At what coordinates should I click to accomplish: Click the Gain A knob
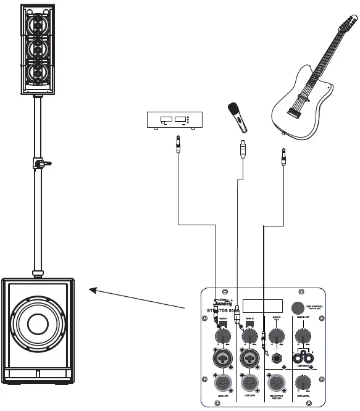(222, 336)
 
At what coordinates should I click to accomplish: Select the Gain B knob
(249, 336)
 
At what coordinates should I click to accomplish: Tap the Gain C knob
(277, 336)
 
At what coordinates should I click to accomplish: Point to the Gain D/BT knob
(303, 336)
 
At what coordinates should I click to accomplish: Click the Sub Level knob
(304, 382)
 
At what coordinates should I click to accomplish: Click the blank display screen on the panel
(262, 307)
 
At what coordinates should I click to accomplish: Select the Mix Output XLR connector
(277, 382)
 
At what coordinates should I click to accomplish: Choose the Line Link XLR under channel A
(222, 382)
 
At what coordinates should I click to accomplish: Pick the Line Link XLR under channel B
(249, 382)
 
